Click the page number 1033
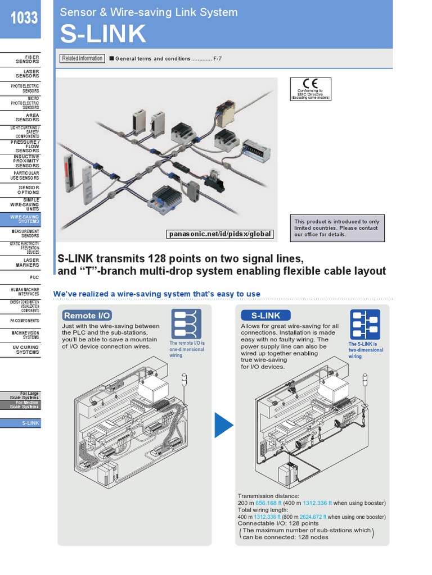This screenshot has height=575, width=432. tap(24, 18)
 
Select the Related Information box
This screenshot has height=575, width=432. tap(82, 58)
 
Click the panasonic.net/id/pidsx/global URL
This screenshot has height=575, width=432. tap(220, 234)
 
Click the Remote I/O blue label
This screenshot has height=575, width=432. tap(87, 316)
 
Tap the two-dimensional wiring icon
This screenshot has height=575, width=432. tap(364, 324)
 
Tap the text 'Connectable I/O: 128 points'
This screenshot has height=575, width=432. tap(278, 523)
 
